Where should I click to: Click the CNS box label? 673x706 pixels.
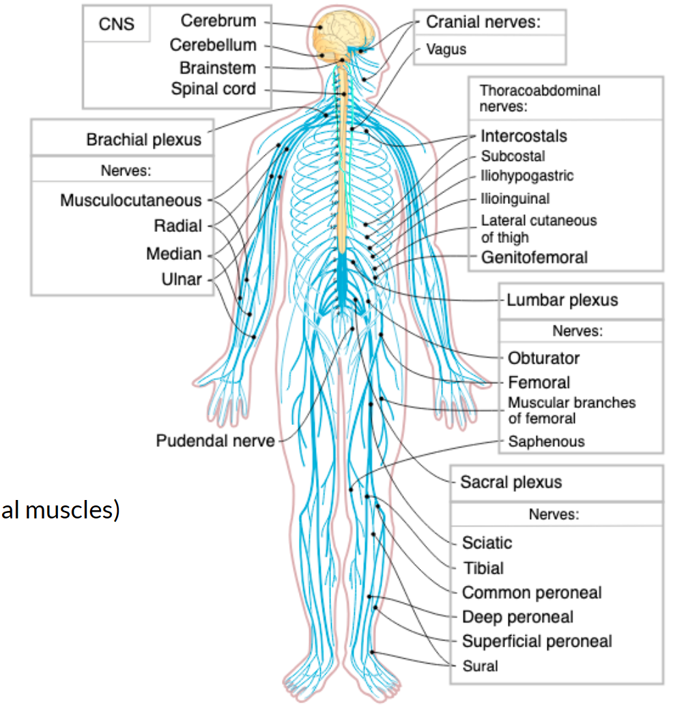[116, 25]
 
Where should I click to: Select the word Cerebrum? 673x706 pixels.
[218, 21]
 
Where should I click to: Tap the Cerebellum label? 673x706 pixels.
[213, 45]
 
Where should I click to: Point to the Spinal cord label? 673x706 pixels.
[214, 89]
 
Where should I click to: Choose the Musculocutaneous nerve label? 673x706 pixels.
[131, 201]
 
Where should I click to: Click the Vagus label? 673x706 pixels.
[446, 49]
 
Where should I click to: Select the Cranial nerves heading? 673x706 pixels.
[483, 22]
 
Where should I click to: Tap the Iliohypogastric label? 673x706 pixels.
[527, 176]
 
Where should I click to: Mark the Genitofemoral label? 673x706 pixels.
[534, 257]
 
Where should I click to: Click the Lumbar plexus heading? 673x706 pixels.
[562, 300]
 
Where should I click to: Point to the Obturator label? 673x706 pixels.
[543, 358]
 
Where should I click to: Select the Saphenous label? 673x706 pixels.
[546, 441]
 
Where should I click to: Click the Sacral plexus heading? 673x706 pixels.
[511, 482]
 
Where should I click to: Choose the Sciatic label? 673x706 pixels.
[487, 543]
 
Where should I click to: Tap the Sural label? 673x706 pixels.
[480, 666]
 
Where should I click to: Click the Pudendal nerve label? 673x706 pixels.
[215, 441]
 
